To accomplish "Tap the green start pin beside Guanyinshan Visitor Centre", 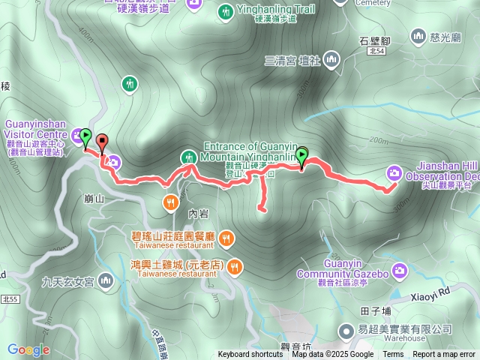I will point(86,136).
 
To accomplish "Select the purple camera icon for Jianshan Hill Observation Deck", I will point(393,173).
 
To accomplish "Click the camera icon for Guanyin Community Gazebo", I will point(399,269).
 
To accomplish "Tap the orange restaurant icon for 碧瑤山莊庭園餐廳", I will point(226,238).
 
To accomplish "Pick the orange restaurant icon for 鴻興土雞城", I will point(235,265).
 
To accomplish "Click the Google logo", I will point(28,349).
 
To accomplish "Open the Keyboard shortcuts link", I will point(250,355).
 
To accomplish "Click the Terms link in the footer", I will point(393,355).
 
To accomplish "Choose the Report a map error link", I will point(445,355).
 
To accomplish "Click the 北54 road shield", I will point(376,51).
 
